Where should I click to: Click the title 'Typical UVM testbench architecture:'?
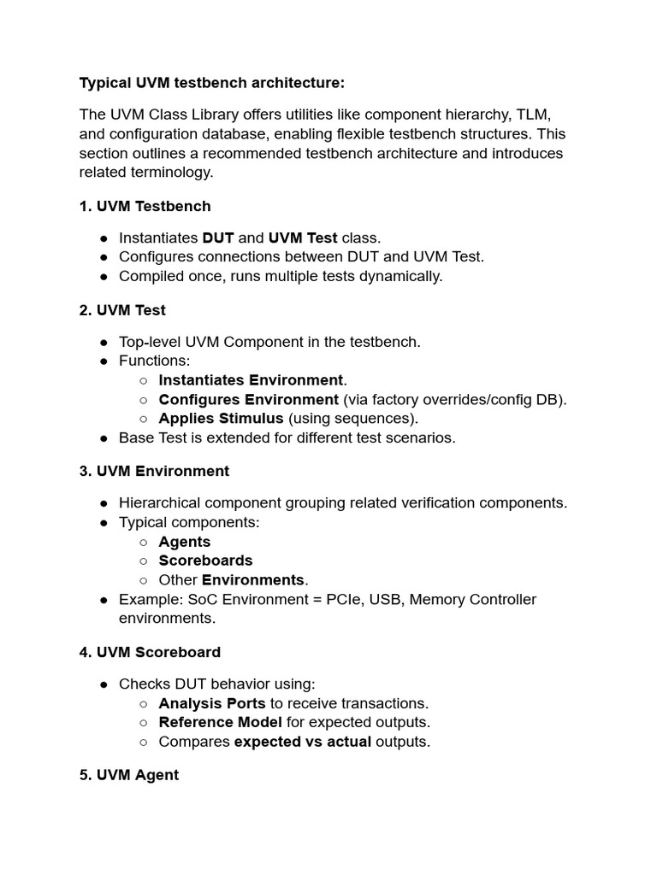coord(212,83)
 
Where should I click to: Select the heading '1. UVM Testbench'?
coord(145,206)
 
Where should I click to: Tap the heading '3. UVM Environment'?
coord(154,471)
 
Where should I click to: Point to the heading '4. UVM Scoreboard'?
coord(150,652)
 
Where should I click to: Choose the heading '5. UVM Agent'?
coord(129,775)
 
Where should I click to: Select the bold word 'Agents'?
coord(185,542)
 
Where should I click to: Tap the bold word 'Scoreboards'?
coord(205,561)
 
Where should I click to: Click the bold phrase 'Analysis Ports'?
coord(212,703)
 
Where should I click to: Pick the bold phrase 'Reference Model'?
coord(220,722)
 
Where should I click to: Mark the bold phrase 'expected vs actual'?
coord(303,742)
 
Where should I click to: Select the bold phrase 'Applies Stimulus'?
coord(221,418)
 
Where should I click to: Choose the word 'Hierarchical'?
coord(160,502)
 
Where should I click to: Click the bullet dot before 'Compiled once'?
coord(104,276)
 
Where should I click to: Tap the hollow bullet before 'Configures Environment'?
coord(143,399)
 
